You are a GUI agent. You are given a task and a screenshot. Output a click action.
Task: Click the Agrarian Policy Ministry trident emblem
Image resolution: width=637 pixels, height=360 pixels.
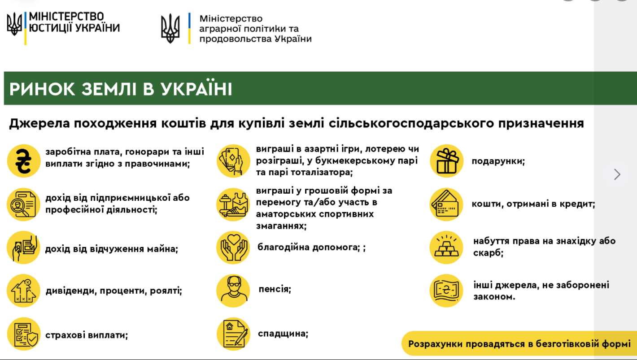coord(170,28)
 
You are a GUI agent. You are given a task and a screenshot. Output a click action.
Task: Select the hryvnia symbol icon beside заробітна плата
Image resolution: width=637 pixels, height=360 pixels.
coord(23,161)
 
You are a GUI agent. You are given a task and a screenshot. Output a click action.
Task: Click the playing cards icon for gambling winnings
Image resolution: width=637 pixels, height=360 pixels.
coord(233,160)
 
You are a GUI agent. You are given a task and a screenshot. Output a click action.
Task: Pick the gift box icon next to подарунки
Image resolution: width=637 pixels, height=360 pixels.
coord(446,160)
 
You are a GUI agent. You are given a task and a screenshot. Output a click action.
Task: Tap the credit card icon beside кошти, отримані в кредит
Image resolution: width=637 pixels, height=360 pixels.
coord(446,204)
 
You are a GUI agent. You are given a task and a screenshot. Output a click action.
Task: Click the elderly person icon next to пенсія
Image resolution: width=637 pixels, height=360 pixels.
coord(233,290)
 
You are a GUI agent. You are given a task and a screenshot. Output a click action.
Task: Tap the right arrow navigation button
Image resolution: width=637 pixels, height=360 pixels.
coord(617,174)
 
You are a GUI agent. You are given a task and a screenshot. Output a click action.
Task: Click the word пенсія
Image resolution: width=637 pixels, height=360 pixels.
coord(275,289)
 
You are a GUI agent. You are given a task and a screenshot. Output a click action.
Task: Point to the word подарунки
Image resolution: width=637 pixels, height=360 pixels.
coord(498,161)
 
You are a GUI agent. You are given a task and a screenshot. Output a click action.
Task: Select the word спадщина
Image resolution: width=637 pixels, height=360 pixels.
coord(283,334)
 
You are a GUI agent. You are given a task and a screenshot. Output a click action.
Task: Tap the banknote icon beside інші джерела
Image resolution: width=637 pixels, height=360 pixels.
coord(446,291)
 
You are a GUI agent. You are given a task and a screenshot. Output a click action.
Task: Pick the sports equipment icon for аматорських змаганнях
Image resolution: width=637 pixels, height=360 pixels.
coord(233,204)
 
